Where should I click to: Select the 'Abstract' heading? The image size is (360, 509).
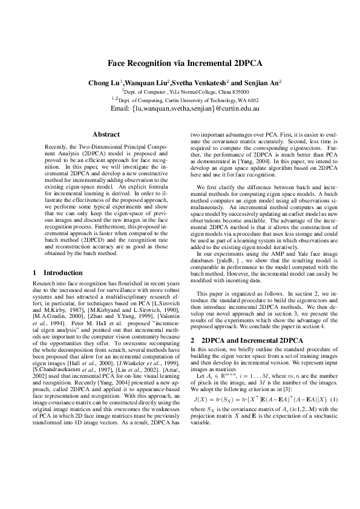pos(106,134)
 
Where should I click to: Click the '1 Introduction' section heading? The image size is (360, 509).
pos(58,273)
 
